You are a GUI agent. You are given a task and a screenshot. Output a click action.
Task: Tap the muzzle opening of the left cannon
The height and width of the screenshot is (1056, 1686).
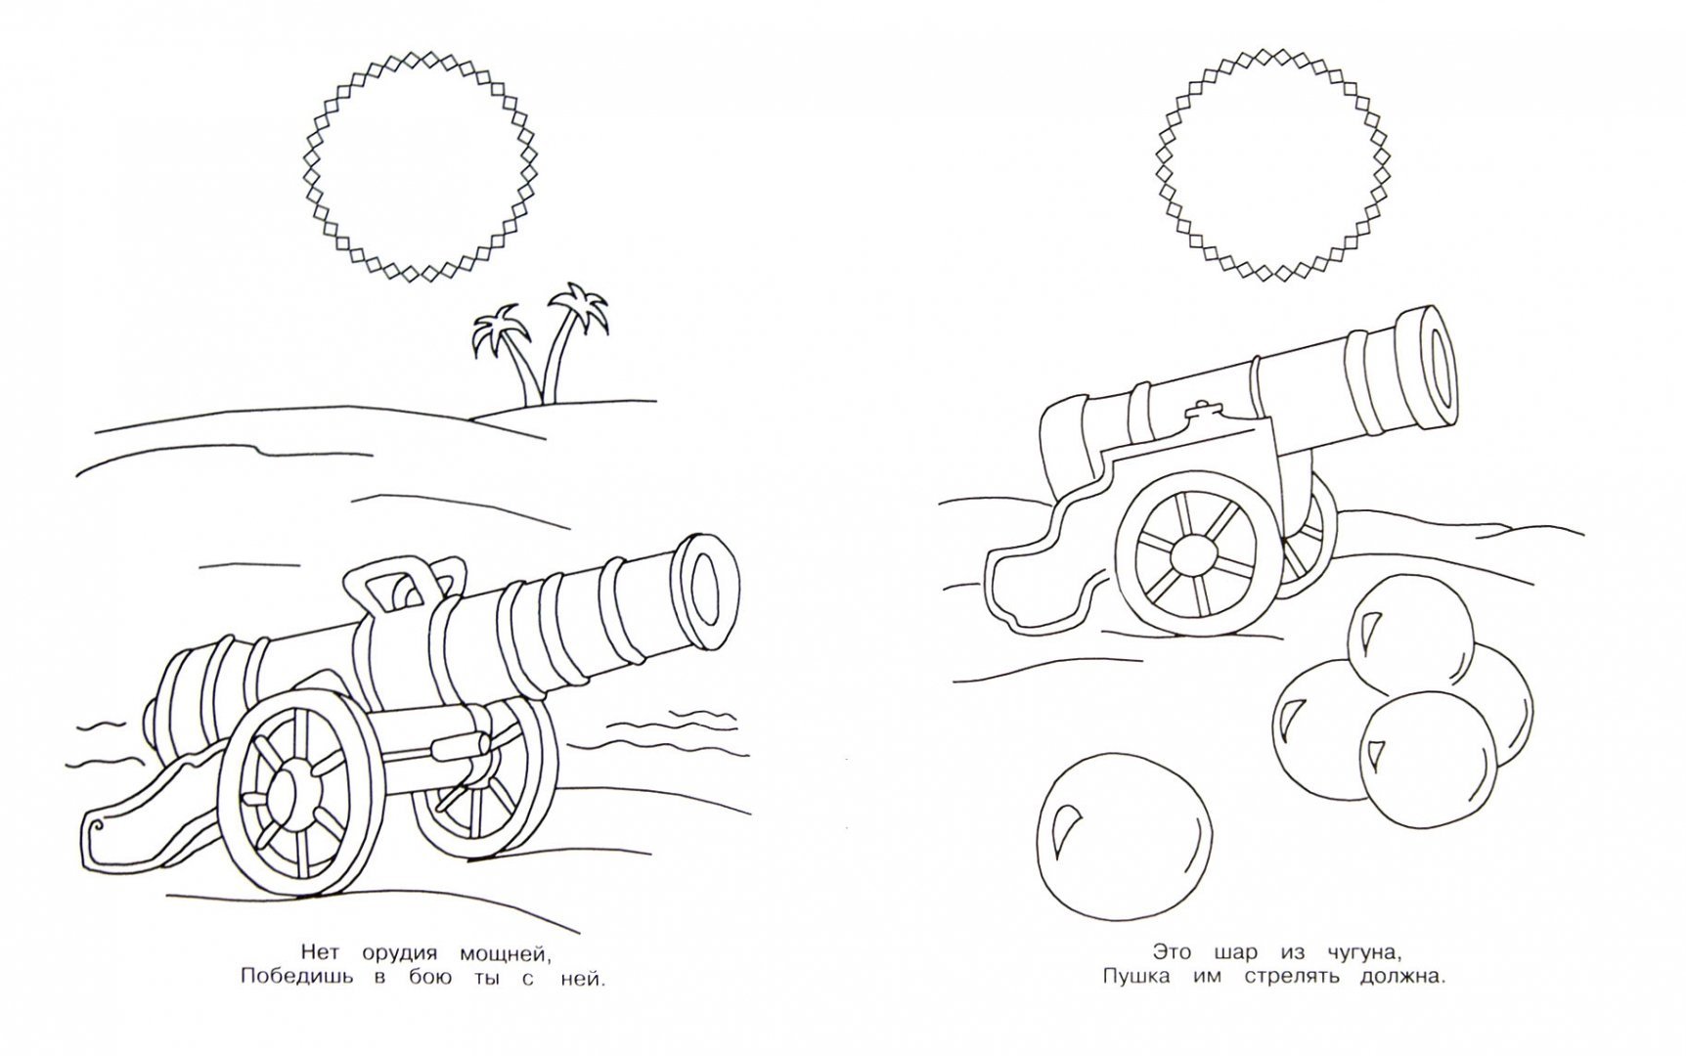point(707,591)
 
